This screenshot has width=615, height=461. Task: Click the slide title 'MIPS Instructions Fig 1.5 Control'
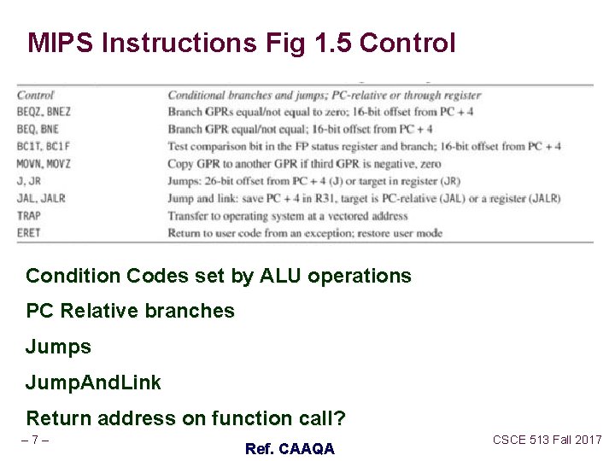(x=242, y=43)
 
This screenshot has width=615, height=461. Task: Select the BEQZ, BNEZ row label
(x=44, y=112)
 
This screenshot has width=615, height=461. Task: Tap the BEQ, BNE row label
(x=38, y=129)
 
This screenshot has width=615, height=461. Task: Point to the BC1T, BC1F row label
(x=43, y=146)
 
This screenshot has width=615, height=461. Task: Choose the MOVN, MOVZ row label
(x=44, y=163)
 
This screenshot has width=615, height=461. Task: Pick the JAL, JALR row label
(x=41, y=198)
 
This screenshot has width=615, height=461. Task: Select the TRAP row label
(x=29, y=215)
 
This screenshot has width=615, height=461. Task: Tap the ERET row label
(x=28, y=232)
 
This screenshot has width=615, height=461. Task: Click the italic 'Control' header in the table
(x=35, y=95)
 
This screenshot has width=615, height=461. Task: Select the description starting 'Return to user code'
(x=305, y=232)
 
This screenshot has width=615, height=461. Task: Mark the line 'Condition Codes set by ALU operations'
(x=219, y=277)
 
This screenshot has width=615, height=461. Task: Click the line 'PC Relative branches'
(x=130, y=311)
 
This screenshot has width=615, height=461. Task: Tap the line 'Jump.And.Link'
(x=93, y=382)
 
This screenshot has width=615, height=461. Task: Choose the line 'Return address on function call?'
(x=186, y=418)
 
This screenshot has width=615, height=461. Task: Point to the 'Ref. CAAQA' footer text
(x=290, y=448)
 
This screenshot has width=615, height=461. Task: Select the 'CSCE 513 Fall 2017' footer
(x=547, y=440)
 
